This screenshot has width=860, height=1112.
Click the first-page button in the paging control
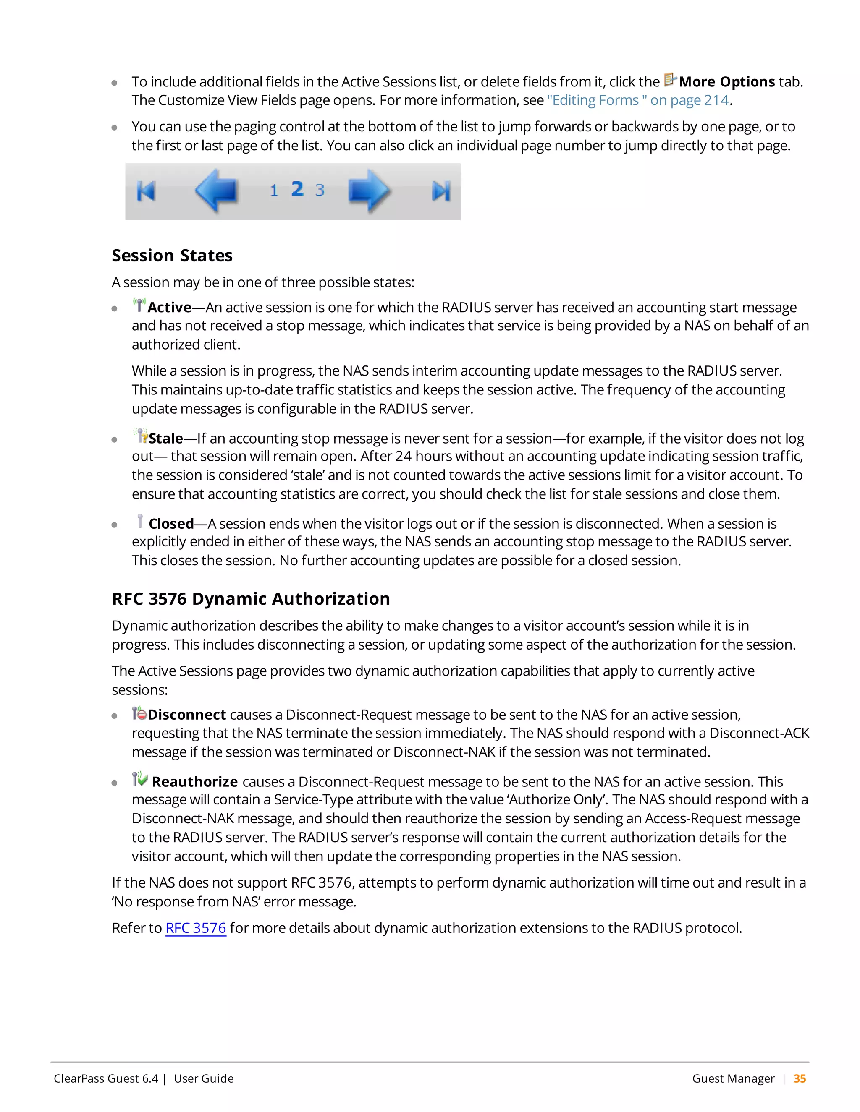click(146, 191)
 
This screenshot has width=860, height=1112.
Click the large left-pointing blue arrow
click(217, 191)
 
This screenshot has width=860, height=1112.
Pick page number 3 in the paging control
click(320, 191)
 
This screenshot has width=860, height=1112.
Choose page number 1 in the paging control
click(274, 191)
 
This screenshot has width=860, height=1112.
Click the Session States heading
click(172, 256)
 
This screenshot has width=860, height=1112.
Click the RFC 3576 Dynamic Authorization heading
click(251, 599)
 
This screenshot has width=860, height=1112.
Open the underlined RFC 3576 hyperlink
click(196, 928)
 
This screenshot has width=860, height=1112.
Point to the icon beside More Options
click(670, 80)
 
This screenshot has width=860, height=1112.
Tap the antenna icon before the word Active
click(139, 305)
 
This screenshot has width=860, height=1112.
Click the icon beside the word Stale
click(141, 436)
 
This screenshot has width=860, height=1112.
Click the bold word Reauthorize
click(194, 782)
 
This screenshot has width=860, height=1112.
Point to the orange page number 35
click(800, 1078)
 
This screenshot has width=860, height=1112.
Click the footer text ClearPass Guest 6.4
click(106, 1078)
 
